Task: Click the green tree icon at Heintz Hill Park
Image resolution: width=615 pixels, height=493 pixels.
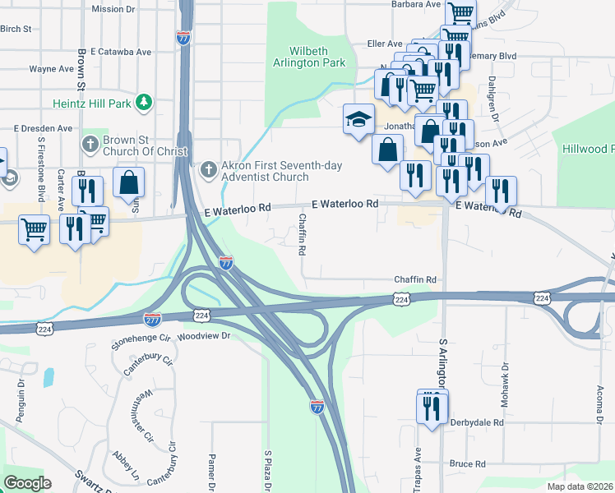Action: pyautogui.click(x=145, y=102)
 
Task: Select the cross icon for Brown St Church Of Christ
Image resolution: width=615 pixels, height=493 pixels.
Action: pyautogui.click(x=90, y=145)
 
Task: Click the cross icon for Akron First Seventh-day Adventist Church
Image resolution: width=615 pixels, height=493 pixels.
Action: pyautogui.click(x=208, y=170)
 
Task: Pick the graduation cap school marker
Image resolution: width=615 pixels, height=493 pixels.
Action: pyautogui.click(x=358, y=120)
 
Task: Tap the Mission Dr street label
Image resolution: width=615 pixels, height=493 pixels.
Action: pyautogui.click(x=113, y=9)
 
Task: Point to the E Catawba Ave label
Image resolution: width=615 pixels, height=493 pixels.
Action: pyautogui.click(x=121, y=51)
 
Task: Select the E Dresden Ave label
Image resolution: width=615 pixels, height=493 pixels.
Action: pyautogui.click(x=43, y=128)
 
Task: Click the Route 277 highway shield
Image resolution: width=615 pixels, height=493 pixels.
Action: pyautogui.click(x=152, y=318)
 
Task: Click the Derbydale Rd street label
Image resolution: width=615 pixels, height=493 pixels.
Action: pyautogui.click(x=476, y=422)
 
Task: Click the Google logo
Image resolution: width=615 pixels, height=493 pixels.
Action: pyautogui.click(x=27, y=483)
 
